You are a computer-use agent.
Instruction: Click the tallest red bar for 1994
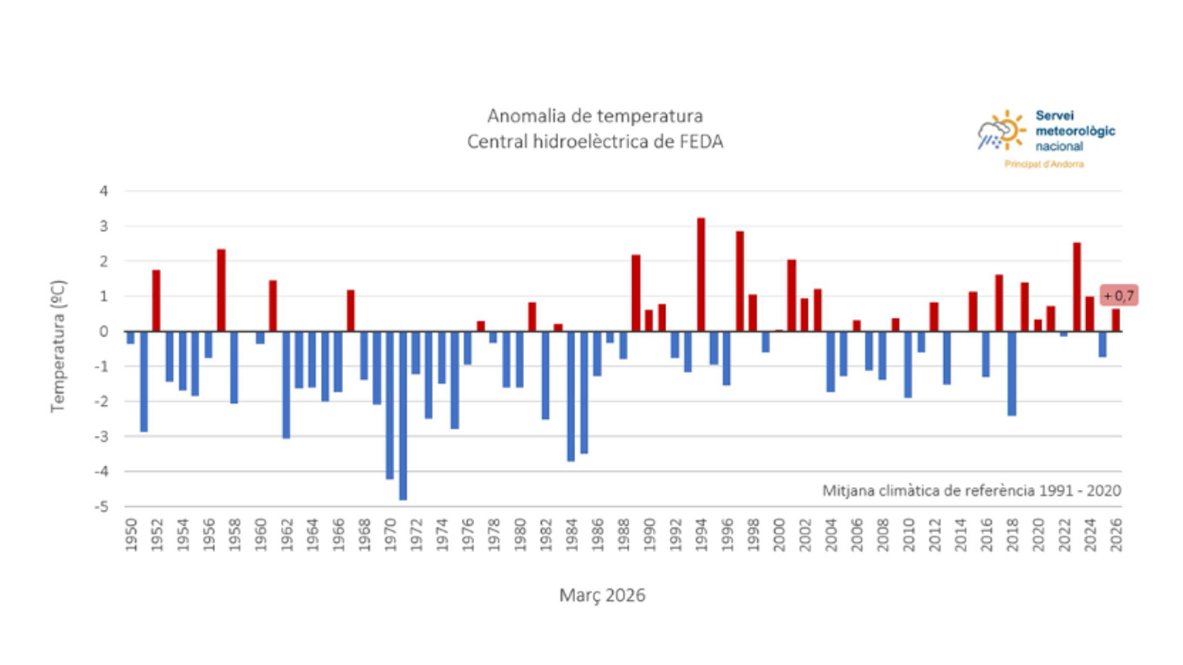coord(701,275)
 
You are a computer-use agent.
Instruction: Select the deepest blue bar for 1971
coord(403,415)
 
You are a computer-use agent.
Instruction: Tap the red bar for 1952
coord(156,301)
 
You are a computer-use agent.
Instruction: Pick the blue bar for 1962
coord(286,384)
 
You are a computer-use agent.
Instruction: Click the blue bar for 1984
coord(571,396)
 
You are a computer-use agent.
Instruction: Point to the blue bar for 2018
coord(1011,373)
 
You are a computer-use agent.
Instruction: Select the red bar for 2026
coord(1115,321)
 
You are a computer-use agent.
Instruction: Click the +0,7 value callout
coord(1119,296)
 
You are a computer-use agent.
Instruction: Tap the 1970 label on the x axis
coord(390,534)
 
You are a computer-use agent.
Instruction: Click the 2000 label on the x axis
coord(779,534)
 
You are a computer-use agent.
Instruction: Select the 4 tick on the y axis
coord(104,191)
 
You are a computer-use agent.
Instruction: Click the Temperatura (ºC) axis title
coord(58,346)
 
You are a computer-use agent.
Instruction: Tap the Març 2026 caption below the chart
coord(602,596)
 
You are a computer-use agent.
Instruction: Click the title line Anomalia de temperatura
coord(594,116)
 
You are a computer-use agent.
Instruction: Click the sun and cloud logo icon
coord(1001,131)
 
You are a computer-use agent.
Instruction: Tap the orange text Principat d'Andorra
coord(1043,164)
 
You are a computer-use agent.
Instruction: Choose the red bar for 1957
coord(221,290)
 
